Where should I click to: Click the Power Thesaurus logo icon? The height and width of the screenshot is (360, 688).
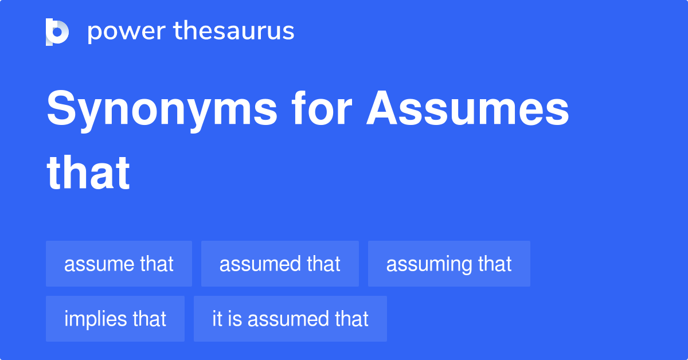57,32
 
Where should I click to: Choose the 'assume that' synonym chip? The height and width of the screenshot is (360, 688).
119,264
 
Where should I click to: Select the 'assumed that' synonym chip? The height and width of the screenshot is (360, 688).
280,264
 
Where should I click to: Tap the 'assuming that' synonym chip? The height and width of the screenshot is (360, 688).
449,264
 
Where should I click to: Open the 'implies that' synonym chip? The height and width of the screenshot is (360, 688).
115,319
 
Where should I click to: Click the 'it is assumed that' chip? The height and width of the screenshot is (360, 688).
290,319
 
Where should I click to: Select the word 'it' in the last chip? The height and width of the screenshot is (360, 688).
217,319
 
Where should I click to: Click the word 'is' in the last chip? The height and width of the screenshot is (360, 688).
234,319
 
